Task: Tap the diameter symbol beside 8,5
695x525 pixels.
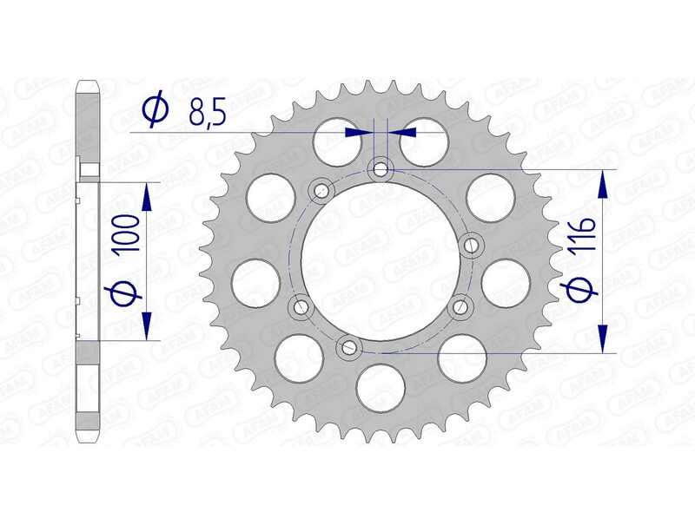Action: (156, 110)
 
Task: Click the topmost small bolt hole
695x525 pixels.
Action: (380, 168)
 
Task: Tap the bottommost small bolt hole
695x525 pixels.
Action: (349, 348)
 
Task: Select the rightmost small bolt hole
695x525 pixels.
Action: (471, 246)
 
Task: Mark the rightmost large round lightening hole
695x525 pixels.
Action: (505, 283)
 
